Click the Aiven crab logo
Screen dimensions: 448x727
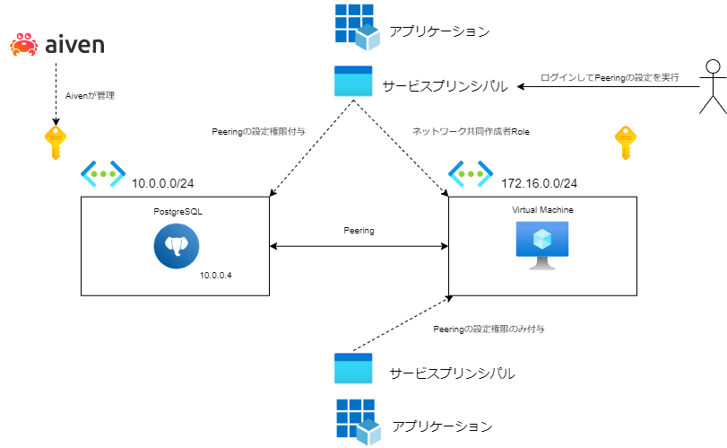[x=23, y=44]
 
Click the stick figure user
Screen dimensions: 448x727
[x=712, y=87]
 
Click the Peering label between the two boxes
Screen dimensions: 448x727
[x=359, y=231]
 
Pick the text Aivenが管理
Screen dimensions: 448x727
[x=91, y=95]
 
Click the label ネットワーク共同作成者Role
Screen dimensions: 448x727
[x=471, y=131]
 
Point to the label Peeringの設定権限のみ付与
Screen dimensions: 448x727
[x=489, y=329]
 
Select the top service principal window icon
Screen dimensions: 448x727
[x=352, y=83]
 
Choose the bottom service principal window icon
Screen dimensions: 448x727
[x=352, y=369]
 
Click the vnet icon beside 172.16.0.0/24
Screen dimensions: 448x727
[x=471, y=173]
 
